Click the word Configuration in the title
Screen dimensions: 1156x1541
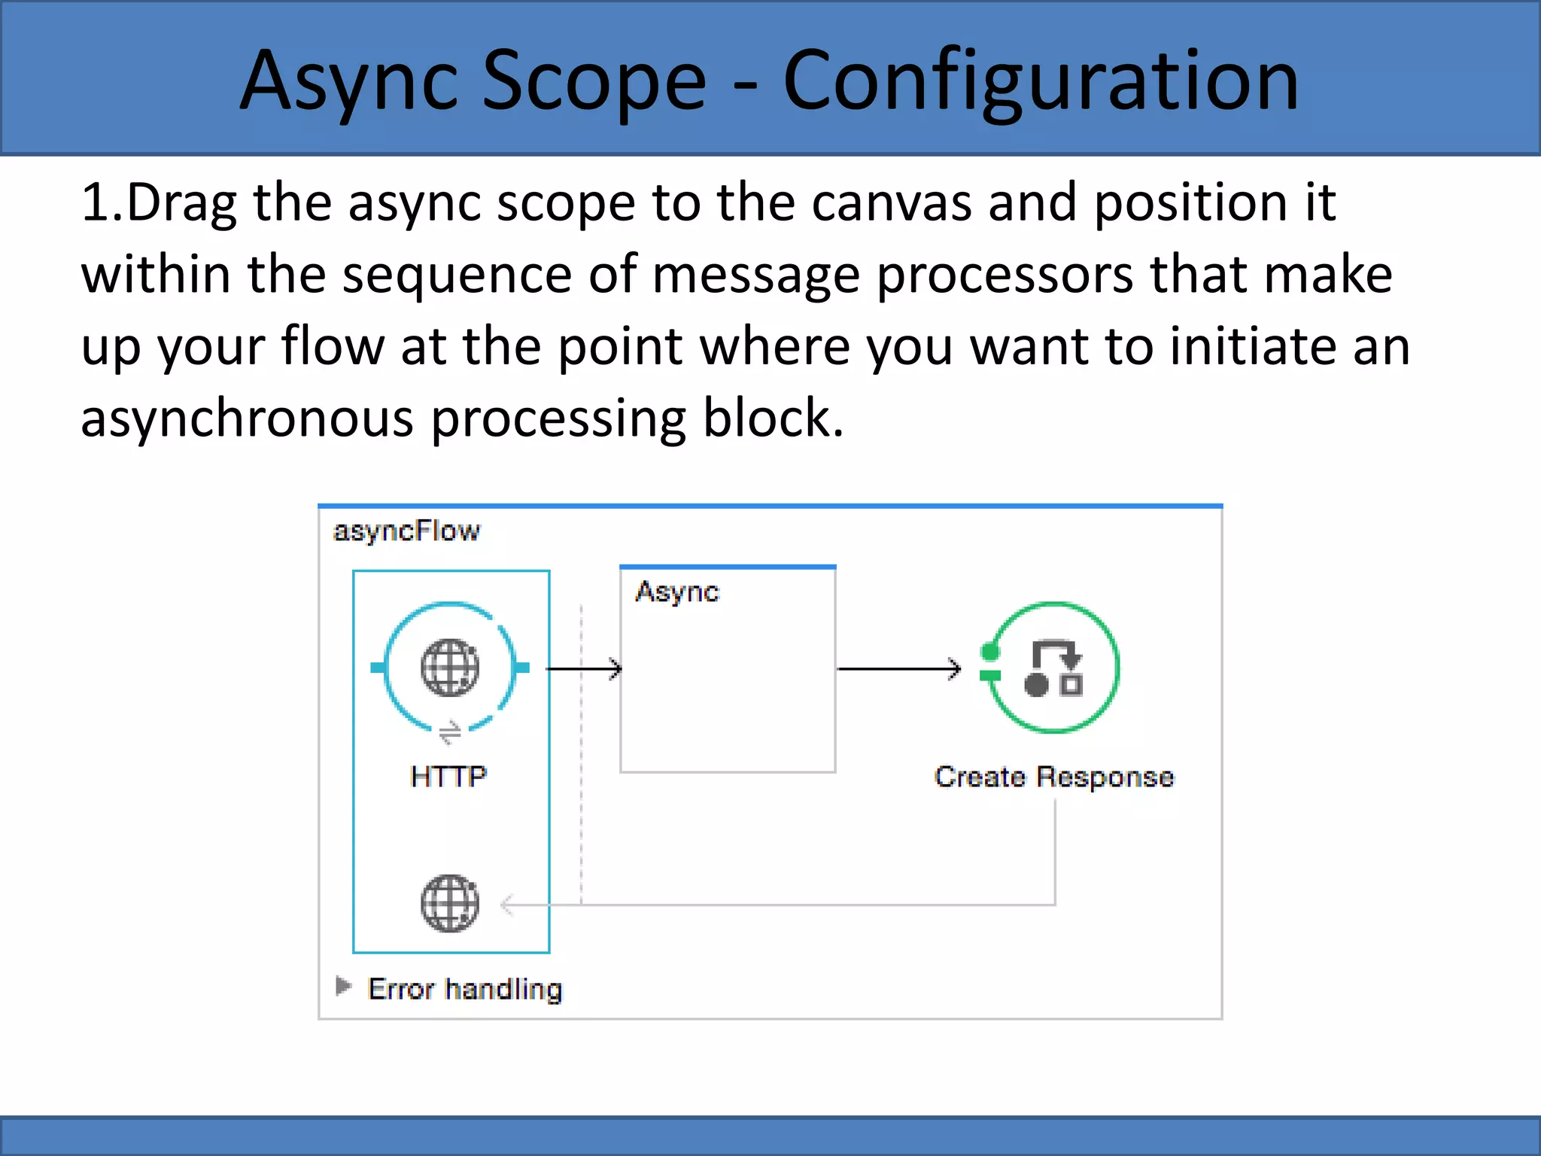pyautogui.click(x=1041, y=81)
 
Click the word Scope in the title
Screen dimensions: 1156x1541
pyautogui.click(x=594, y=81)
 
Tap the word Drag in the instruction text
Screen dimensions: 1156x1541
pyautogui.click(x=181, y=203)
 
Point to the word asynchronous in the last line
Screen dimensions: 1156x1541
pyautogui.click(x=246, y=418)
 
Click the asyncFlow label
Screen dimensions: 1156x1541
pyautogui.click(x=406, y=531)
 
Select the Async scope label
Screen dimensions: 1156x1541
pyautogui.click(x=677, y=592)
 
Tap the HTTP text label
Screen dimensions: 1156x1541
pyautogui.click(x=449, y=777)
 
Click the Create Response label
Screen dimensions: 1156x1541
pyautogui.click(x=1053, y=777)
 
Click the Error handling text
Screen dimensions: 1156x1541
pyautogui.click(x=465, y=989)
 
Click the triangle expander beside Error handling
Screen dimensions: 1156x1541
pyautogui.click(x=343, y=986)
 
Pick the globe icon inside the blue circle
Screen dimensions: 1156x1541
pyautogui.click(x=450, y=667)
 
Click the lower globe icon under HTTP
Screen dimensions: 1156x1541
pyautogui.click(x=450, y=903)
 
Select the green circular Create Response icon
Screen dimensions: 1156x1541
pyautogui.click(x=1053, y=667)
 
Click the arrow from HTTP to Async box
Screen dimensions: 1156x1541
pyautogui.click(x=584, y=668)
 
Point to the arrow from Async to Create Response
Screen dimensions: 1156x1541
pyautogui.click(x=899, y=668)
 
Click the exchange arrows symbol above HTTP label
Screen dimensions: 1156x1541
pyautogui.click(x=450, y=732)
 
